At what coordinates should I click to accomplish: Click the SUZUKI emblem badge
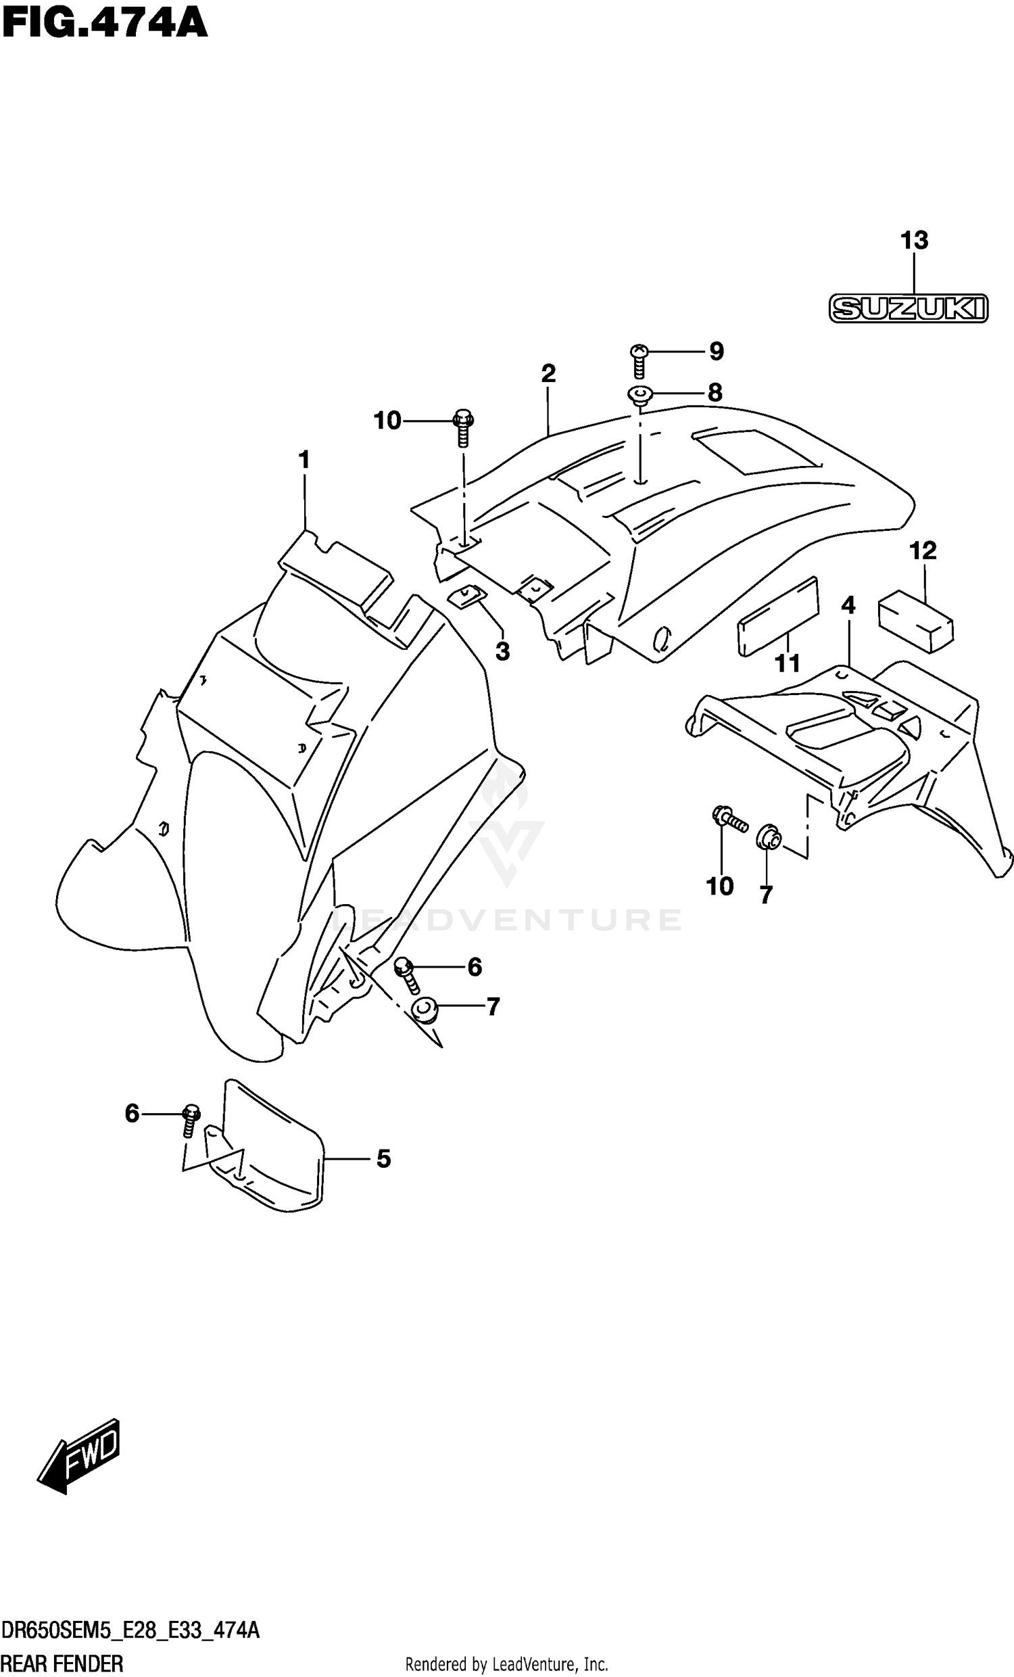909,308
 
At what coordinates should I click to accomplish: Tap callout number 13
914,240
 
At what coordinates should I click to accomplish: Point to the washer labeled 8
639,394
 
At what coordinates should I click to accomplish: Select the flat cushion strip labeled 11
779,617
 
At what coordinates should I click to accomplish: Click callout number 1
304,460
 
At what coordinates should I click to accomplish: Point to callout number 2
548,374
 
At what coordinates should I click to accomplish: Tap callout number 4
848,605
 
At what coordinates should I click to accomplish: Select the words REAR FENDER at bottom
62,1664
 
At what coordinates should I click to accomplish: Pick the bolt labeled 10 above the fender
464,428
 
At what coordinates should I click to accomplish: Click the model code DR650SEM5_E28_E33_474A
130,1632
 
